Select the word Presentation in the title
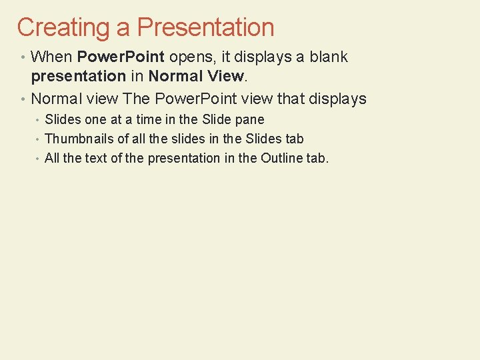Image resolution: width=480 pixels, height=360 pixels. point(205,27)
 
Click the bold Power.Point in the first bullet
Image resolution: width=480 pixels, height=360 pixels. point(121,57)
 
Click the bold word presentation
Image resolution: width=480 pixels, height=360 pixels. point(79,77)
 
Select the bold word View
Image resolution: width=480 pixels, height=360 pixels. point(225,76)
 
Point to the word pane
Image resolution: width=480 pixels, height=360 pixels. point(249,120)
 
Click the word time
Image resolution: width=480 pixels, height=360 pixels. point(149,119)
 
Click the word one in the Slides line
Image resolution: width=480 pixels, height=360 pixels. point(94,120)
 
